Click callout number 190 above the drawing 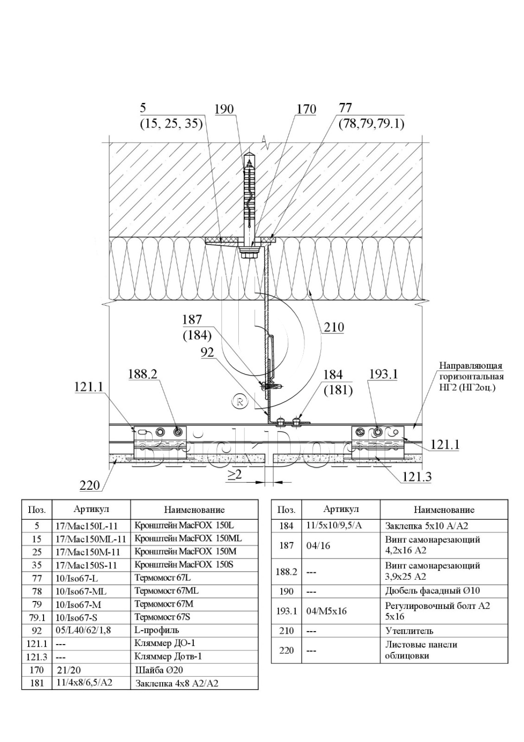224,109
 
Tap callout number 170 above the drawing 306,109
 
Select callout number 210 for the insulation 334,327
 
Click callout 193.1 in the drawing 383,374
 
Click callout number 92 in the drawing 207,352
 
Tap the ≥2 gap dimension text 234,475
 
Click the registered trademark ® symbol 240,402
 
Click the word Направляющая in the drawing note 471,366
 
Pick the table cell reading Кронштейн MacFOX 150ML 188,538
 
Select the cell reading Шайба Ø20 156,670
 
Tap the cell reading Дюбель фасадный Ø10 432,591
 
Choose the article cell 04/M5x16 326,611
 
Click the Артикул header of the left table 91,509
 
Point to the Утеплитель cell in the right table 409,631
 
